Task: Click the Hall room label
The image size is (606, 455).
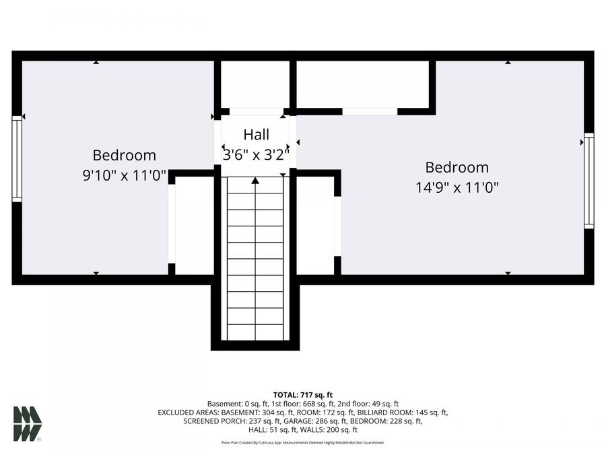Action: pos(256,134)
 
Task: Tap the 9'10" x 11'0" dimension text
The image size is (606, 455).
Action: pos(124,176)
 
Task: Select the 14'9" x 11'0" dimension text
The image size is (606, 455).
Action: pos(457,188)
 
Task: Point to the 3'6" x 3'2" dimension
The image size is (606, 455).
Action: pos(256,155)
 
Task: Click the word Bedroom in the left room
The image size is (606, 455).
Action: pos(124,156)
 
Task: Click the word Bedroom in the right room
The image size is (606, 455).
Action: pos(457,168)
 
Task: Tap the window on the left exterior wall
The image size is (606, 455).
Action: pos(17,158)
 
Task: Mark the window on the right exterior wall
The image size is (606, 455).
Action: pos(588,181)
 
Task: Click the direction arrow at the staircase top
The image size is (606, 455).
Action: pos(255,181)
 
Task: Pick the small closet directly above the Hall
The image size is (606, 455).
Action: pos(255,84)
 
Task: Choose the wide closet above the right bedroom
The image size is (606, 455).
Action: pos(362,84)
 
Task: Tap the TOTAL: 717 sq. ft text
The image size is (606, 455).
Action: pos(303,395)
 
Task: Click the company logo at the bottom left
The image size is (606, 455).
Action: pos(27,423)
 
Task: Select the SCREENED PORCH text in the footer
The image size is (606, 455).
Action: pos(215,421)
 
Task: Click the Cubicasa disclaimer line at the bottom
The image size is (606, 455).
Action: pos(303,443)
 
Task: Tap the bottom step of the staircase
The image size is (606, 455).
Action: pos(255,333)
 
